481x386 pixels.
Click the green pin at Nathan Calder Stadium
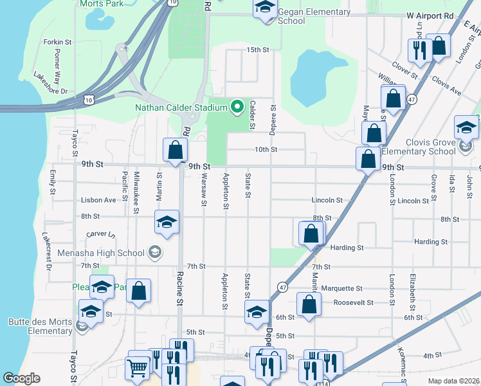(237, 107)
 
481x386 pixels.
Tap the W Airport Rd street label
(430, 15)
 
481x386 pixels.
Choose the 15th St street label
(257, 50)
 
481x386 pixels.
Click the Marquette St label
(342, 288)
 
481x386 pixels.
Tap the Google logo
(21, 378)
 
